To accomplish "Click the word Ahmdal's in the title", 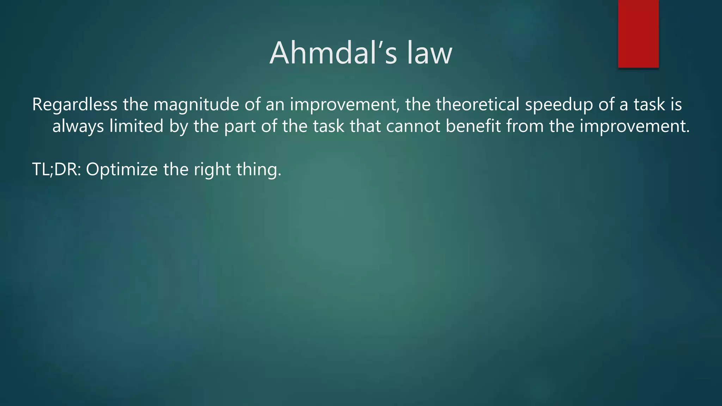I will [333, 53].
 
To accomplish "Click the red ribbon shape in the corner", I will [638, 34].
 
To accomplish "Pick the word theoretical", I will [477, 105].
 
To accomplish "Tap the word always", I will [78, 126].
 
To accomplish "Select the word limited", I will [136, 126].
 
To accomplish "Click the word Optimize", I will [122, 170].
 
